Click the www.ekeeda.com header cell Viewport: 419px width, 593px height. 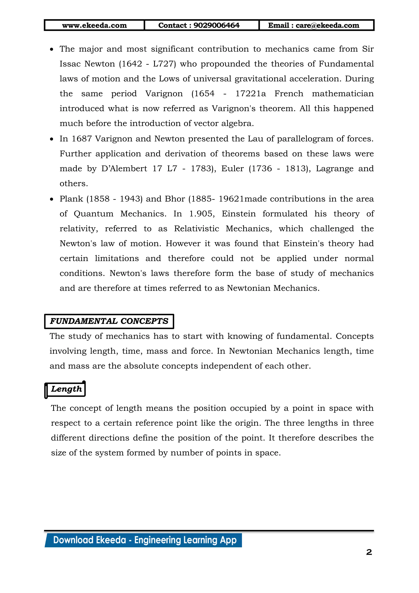pos(95,25)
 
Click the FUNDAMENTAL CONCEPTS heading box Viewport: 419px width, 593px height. pos(109,321)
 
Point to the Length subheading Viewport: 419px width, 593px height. pos(66,389)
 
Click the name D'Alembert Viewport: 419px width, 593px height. pos(124,169)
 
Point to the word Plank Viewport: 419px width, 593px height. pos(71,199)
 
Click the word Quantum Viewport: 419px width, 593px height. pos(93,214)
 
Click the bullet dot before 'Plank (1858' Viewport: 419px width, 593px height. pos(52,199)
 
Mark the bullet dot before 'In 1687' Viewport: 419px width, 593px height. pos(52,139)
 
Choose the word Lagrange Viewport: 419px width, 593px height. pos(335,169)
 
